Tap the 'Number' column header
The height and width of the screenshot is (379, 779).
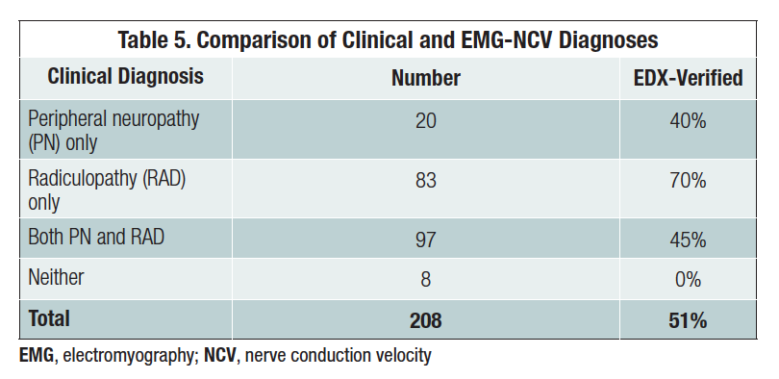pyautogui.click(x=425, y=78)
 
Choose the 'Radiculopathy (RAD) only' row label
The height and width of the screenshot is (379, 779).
pyautogui.click(x=106, y=190)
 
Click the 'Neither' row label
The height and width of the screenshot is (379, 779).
pyautogui.click(x=56, y=278)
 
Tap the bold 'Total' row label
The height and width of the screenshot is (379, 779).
pyautogui.click(x=49, y=318)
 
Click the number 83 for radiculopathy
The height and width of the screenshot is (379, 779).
pyautogui.click(x=425, y=181)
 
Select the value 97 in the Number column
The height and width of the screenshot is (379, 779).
pyautogui.click(x=425, y=238)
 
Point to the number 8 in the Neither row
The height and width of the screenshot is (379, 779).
pyautogui.click(x=425, y=279)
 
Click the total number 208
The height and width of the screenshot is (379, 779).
pyautogui.click(x=425, y=319)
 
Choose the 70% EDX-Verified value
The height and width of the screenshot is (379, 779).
pyautogui.click(x=687, y=181)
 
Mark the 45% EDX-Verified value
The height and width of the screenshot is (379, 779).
pyautogui.click(x=687, y=238)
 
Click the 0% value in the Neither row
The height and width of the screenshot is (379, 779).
pyautogui.click(x=687, y=279)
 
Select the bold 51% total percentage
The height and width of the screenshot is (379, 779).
pyautogui.click(x=687, y=319)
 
